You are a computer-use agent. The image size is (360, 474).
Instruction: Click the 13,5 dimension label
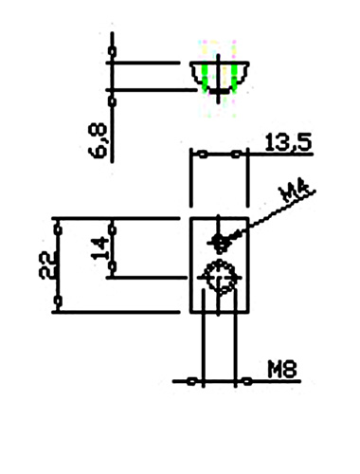pos(288,143)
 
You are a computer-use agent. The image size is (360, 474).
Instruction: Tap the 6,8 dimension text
pos(98,140)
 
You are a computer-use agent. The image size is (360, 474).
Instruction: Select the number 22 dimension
pos(47,264)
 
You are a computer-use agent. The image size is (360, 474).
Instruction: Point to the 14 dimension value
pos(100,248)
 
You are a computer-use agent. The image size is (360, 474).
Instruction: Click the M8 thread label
pos(282,370)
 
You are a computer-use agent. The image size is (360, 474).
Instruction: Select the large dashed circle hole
pos(219,278)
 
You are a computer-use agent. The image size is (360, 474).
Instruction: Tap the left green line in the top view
pos(205,78)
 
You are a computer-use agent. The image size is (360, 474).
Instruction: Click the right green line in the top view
pos(234,78)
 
